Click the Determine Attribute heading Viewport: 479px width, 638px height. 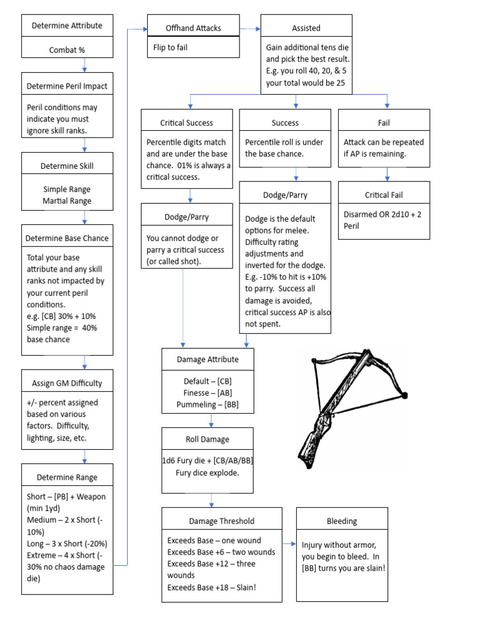pyautogui.click(x=67, y=26)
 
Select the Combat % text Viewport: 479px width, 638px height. pyautogui.click(x=67, y=50)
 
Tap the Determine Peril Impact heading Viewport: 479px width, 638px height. pyautogui.click(x=67, y=85)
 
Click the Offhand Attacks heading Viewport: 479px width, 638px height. pyautogui.click(x=193, y=28)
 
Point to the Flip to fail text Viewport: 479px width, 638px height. pyautogui.click(x=170, y=47)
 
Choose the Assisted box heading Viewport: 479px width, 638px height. pyautogui.click(x=306, y=28)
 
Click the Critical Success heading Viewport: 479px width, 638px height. pyautogui.click(x=186, y=123)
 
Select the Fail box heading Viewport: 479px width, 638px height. pyautogui.click(x=384, y=123)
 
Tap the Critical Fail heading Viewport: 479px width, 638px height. pyautogui.click(x=384, y=195)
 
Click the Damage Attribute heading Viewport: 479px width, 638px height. pyautogui.click(x=207, y=359)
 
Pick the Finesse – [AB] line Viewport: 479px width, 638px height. pyautogui.click(x=207, y=393)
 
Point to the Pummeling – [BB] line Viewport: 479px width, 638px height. pyautogui.click(x=207, y=404)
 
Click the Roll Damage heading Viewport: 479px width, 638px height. pyautogui.click(x=207, y=439)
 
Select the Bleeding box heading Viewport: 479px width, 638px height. pyautogui.click(x=342, y=521)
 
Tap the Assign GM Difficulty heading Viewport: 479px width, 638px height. pyautogui.click(x=67, y=383)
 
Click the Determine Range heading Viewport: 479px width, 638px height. pyautogui.click(x=67, y=477)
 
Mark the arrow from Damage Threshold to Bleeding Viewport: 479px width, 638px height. pyautogui.click(x=289, y=544)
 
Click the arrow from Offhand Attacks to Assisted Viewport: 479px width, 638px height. pyautogui.click(x=249, y=28)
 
